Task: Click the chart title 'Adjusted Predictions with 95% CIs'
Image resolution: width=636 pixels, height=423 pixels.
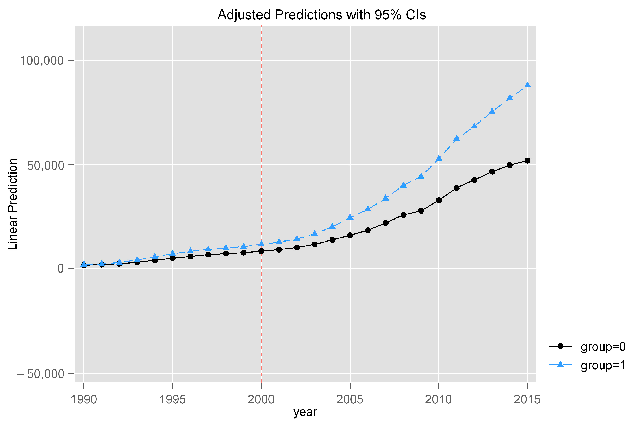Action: point(321,15)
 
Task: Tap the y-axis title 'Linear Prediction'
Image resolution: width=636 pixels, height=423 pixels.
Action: point(13,204)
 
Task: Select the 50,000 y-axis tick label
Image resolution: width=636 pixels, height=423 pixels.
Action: point(46,165)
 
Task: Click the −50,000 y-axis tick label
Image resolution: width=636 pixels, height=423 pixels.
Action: point(40,374)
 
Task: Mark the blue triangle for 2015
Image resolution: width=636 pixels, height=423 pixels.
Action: point(527,85)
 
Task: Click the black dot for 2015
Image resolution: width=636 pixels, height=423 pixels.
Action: point(527,161)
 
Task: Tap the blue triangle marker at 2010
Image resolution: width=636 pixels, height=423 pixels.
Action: point(439,158)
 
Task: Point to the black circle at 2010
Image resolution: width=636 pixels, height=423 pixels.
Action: point(439,200)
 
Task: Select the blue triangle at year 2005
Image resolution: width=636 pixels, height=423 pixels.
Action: point(350,217)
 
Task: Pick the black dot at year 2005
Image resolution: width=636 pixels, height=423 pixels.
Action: point(350,235)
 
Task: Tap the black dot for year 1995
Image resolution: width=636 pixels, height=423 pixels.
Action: point(173,258)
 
